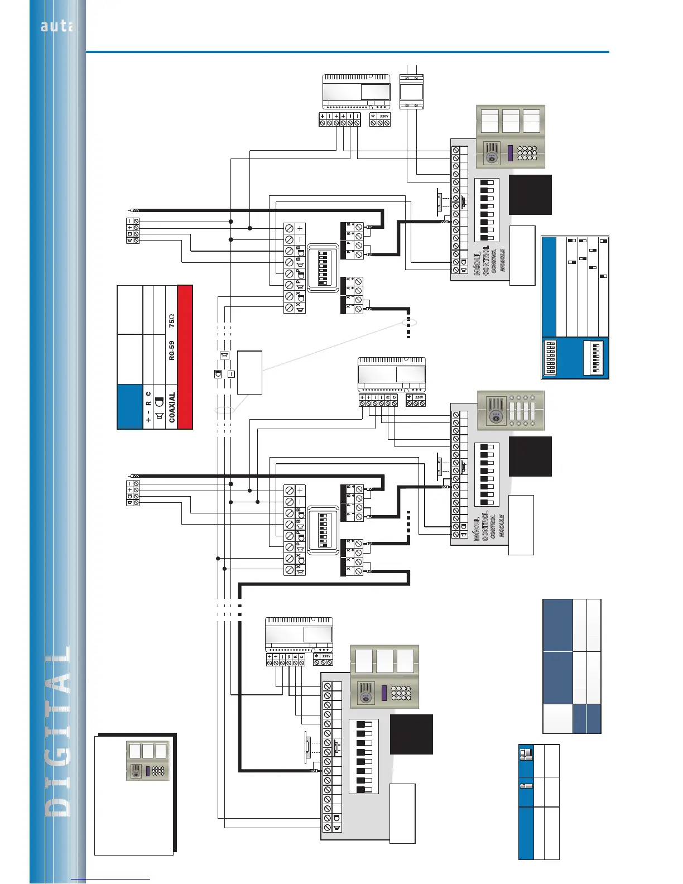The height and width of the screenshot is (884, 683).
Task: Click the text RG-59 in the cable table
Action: click(x=172, y=350)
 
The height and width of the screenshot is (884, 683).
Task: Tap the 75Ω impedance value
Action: click(x=172, y=320)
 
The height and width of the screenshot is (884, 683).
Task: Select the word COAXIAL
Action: click(x=172, y=406)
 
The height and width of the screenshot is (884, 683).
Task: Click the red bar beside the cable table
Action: click(x=185, y=357)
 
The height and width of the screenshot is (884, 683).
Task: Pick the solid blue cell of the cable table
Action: click(x=130, y=406)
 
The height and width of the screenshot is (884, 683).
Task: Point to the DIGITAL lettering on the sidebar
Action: click(x=59, y=731)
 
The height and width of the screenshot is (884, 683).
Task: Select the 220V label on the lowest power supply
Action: click(x=326, y=656)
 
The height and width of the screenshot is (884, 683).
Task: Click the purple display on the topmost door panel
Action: click(x=510, y=153)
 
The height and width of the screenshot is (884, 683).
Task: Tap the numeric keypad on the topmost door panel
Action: click(x=527, y=153)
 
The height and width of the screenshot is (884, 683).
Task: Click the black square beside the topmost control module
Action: click(x=530, y=194)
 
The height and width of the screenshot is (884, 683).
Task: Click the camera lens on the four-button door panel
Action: click(x=494, y=416)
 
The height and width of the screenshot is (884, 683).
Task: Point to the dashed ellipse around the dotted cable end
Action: click(x=409, y=323)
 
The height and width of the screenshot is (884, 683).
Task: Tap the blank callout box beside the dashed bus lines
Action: click(x=249, y=372)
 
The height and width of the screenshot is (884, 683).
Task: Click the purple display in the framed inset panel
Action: click(x=147, y=771)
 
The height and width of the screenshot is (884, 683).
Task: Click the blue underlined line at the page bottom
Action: click(x=110, y=880)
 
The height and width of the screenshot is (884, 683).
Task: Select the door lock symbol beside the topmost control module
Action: click(x=439, y=201)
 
